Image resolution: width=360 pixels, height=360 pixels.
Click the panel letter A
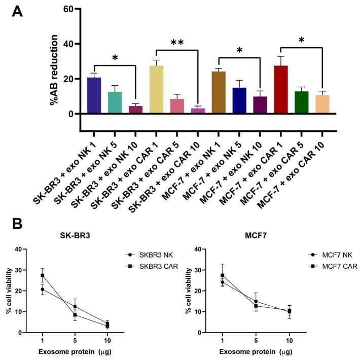16,11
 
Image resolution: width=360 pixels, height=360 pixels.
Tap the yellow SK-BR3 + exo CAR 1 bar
156,89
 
